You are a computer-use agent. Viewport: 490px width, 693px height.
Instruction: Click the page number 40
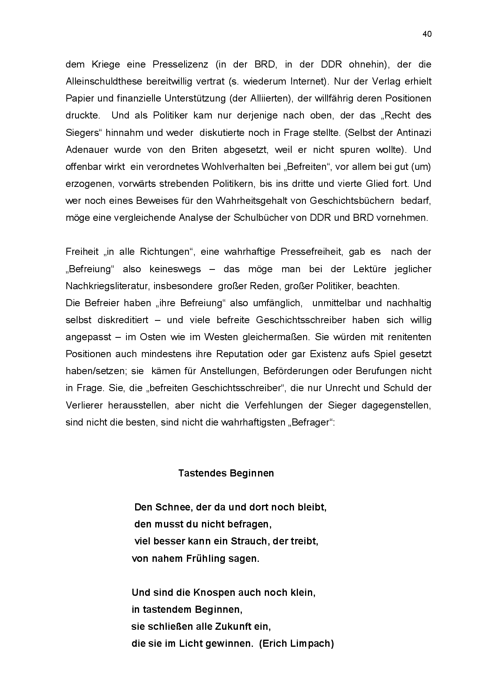(427, 34)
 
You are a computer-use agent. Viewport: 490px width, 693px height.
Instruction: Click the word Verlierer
(82, 405)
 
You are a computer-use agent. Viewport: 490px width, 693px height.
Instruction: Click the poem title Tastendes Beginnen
(226, 473)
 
